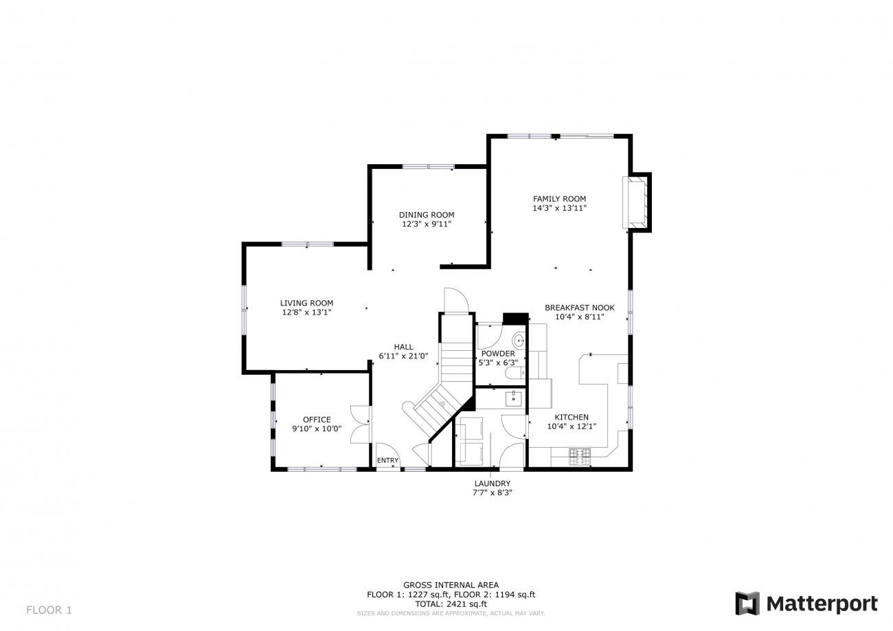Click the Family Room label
tap(559, 199)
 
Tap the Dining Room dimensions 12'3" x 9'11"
tap(427, 224)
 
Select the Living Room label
tap(306, 303)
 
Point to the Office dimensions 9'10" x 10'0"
tap(317, 428)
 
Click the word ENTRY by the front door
tap(388, 460)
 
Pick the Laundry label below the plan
tap(493, 483)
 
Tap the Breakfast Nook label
tap(580, 308)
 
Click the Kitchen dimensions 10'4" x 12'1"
tap(572, 426)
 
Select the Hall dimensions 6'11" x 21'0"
tap(403, 356)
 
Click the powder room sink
tap(519, 340)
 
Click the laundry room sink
tap(514, 398)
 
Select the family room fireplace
tap(637, 203)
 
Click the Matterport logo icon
tap(747, 604)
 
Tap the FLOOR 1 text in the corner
tap(49, 610)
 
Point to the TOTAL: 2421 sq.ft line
tap(451, 604)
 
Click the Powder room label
tap(498, 354)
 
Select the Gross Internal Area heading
tap(451, 585)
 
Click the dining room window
tap(428, 167)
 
